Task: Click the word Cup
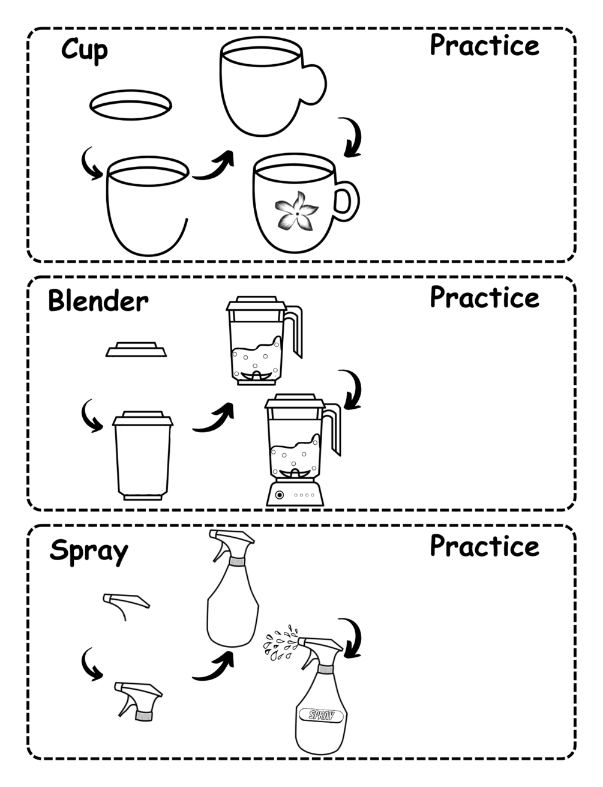pos(85,50)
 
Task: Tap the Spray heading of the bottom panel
pos(89,551)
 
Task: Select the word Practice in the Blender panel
pos(485,297)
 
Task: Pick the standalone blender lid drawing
pos(136,349)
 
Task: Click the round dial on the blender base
pos(280,495)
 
